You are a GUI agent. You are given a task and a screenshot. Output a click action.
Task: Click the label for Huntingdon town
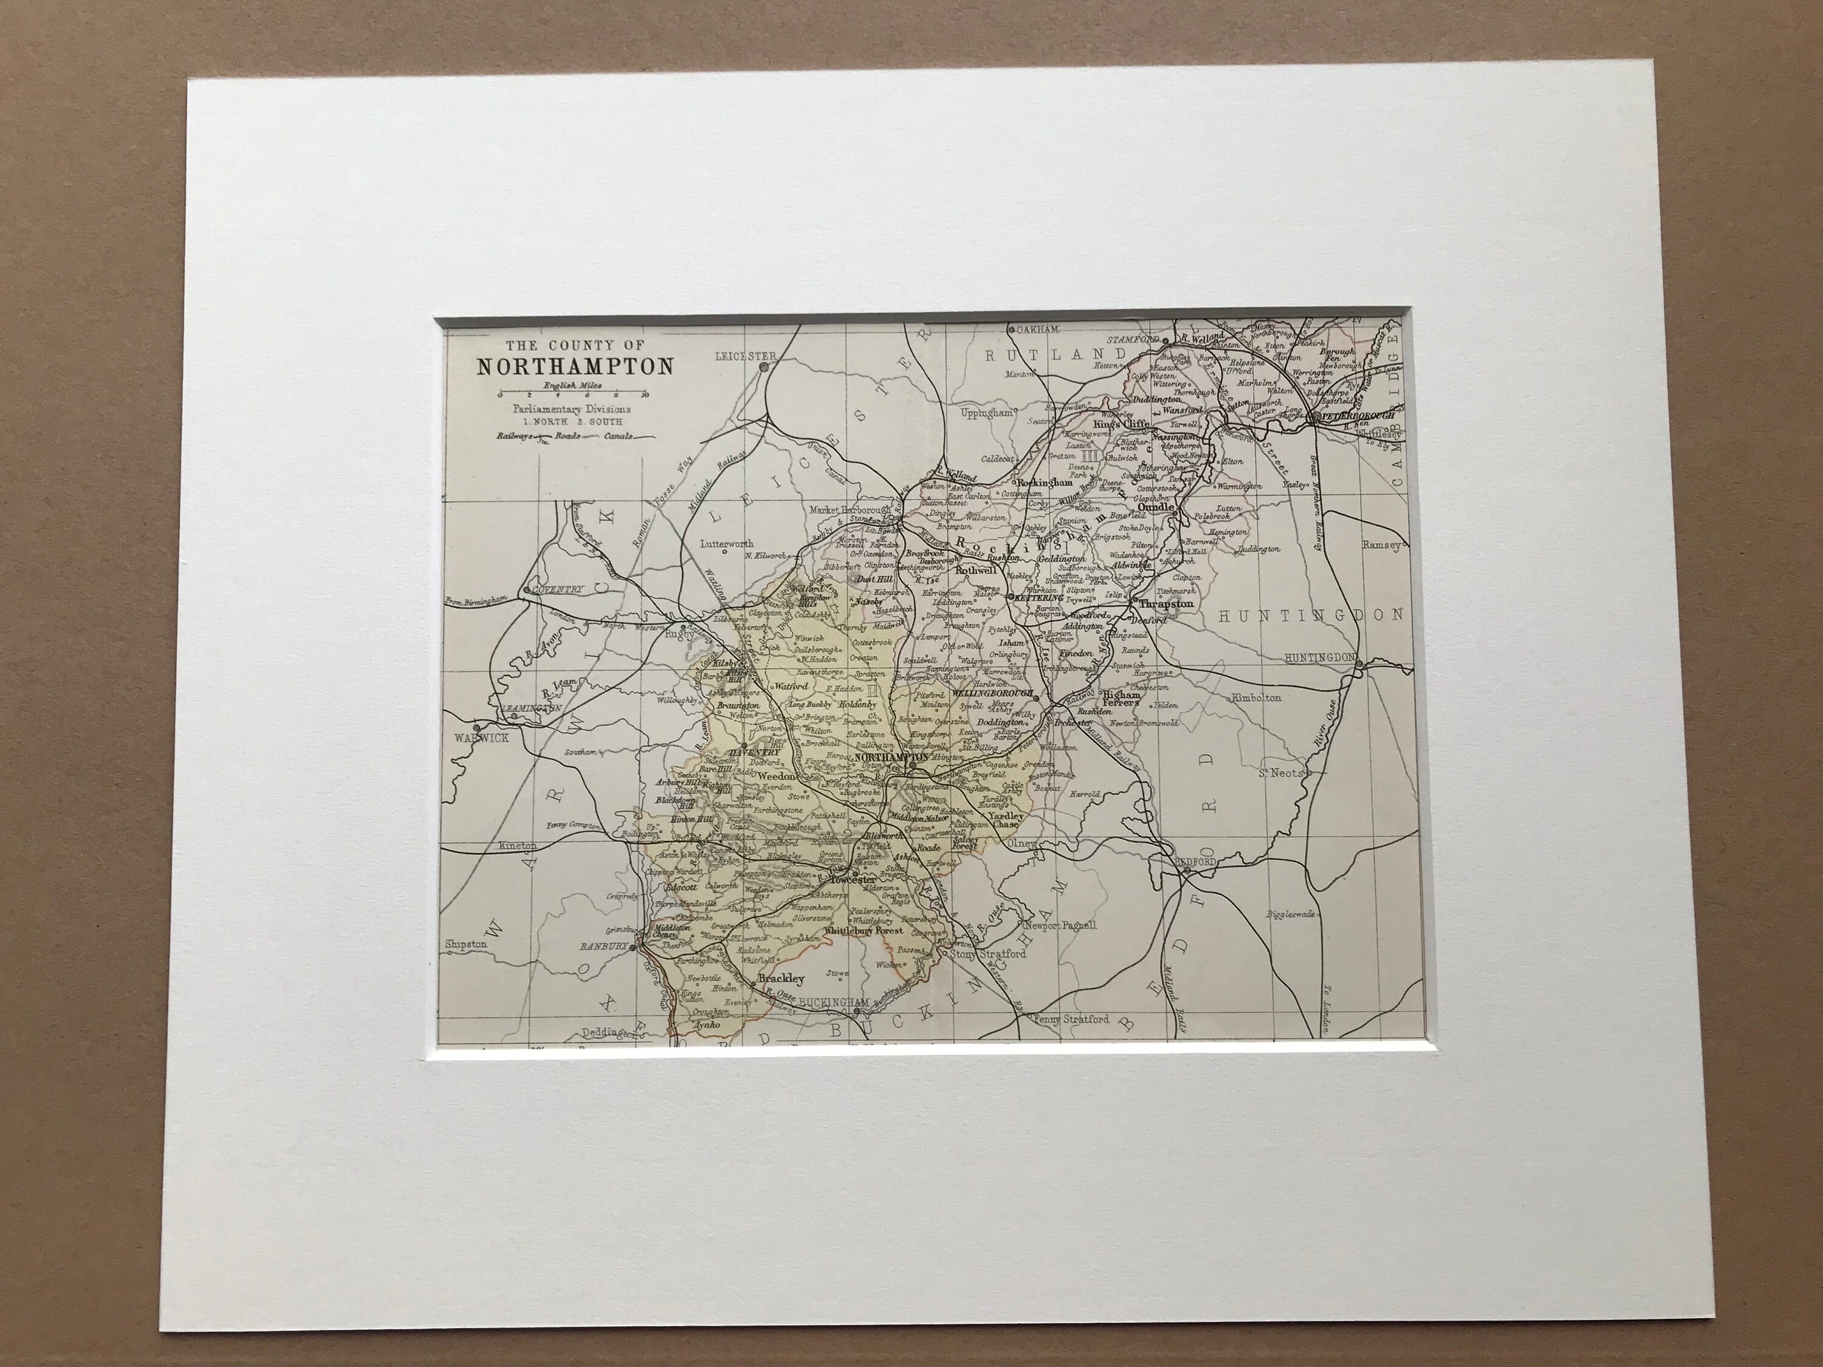pos(1319,657)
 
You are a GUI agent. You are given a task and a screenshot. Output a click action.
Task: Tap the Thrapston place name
pos(1164,604)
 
